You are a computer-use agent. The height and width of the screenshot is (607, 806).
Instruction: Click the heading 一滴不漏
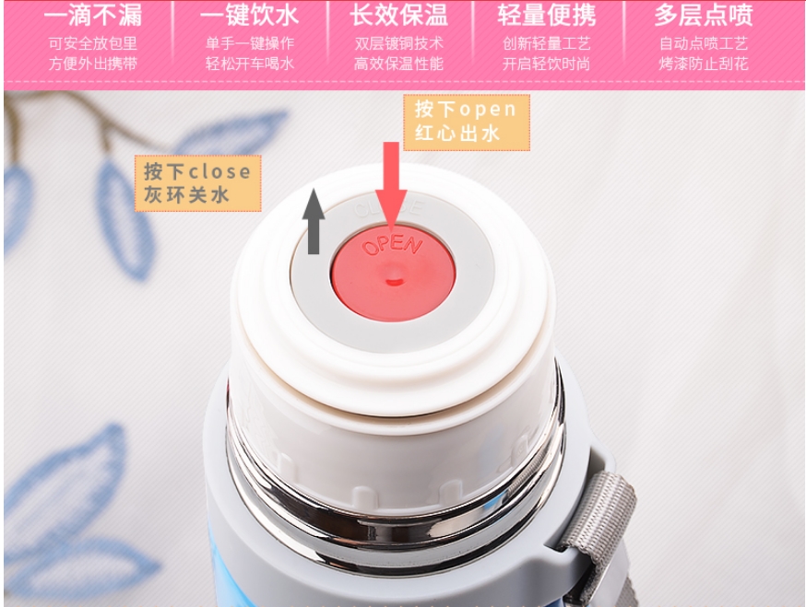(x=93, y=15)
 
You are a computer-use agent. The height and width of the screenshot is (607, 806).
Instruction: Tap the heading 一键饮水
(x=249, y=15)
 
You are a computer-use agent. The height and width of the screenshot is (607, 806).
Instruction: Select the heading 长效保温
(x=398, y=15)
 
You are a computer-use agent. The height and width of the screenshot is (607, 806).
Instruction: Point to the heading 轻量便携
(x=547, y=15)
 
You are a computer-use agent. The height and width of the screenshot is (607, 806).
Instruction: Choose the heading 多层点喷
(x=704, y=15)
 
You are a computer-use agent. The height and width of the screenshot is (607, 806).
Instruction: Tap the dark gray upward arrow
(x=314, y=222)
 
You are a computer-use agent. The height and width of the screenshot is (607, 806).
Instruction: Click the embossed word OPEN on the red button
(x=392, y=245)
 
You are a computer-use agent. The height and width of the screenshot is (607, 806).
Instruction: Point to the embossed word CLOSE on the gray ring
(x=389, y=208)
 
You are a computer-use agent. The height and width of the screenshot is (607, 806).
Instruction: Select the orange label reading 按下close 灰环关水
(x=198, y=183)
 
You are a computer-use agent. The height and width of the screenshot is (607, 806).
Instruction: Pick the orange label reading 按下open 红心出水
(x=467, y=123)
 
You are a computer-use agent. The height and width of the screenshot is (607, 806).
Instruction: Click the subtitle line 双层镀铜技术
(x=398, y=43)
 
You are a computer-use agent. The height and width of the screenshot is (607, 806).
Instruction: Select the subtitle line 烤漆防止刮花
(x=704, y=64)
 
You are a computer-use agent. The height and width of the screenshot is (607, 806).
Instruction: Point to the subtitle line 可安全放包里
(x=93, y=43)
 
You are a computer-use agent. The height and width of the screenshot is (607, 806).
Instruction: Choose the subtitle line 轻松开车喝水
(x=249, y=64)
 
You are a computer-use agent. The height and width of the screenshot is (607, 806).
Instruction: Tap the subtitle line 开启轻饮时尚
(x=547, y=64)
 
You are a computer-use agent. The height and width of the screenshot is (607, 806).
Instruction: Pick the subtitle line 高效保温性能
(x=398, y=64)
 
